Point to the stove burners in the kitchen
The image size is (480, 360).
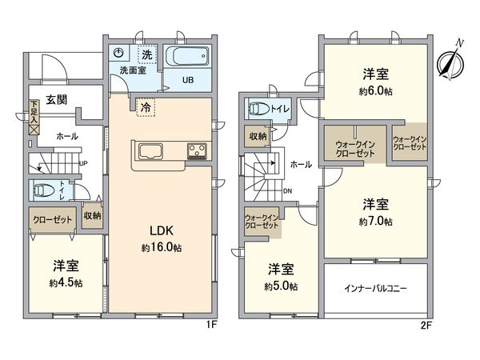click(197, 150)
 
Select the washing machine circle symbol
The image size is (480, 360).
click(119, 53)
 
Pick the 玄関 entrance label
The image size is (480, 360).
click(55, 100)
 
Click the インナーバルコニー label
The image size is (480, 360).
click(374, 287)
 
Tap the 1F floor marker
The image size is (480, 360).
click(214, 326)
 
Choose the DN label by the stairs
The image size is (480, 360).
click(287, 190)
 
